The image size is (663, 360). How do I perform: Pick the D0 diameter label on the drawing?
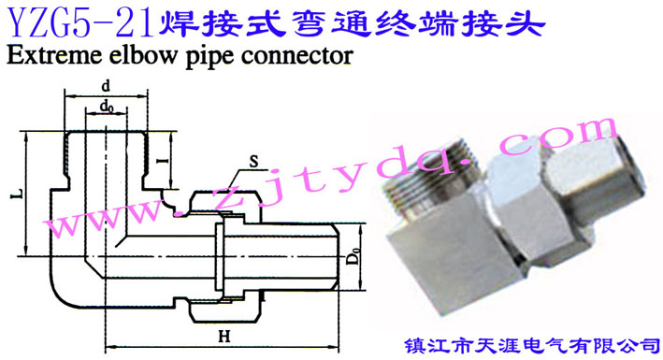(354, 253)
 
